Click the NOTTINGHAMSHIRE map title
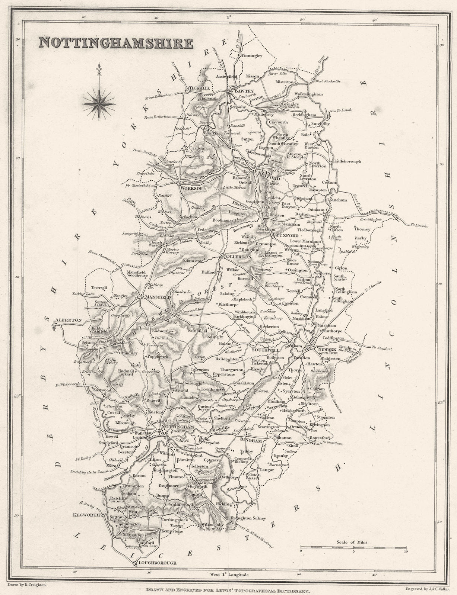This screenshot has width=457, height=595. coord(115,44)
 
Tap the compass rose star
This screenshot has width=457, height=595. coord(99,101)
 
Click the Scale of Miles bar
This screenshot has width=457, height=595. coord(353,547)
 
